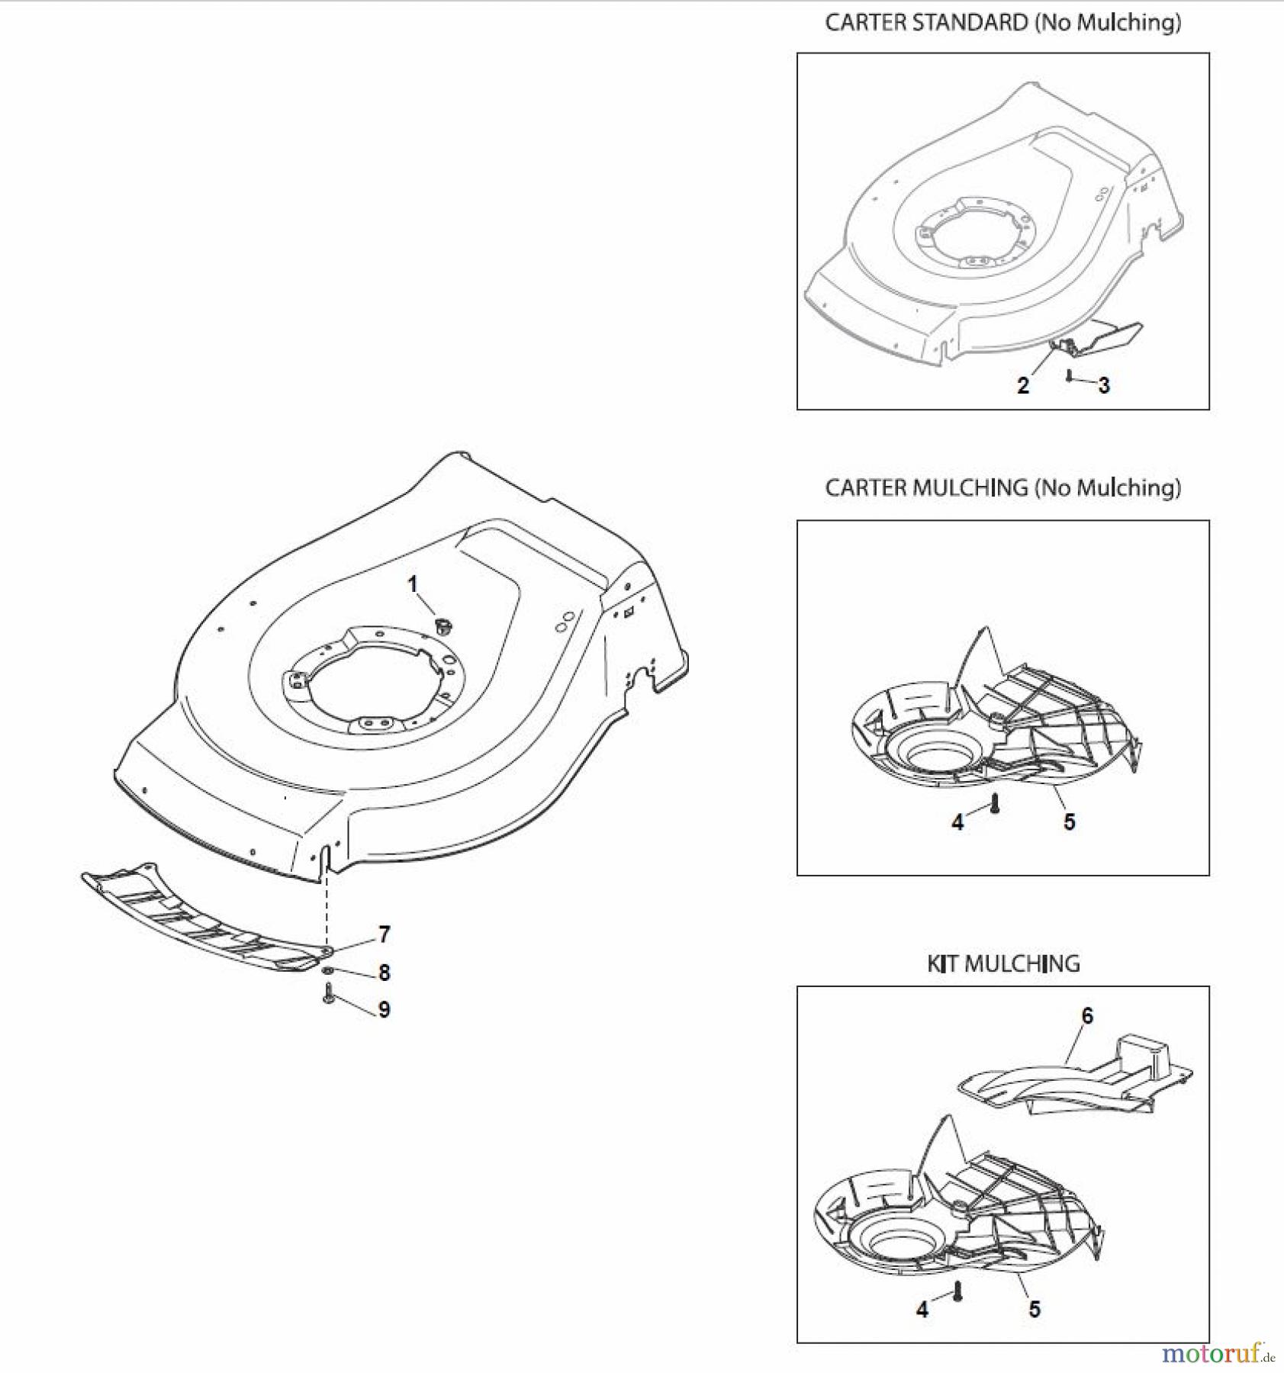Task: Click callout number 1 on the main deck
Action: pos(413,585)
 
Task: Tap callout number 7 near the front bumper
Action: pos(385,934)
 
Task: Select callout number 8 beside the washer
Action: pos(385,972)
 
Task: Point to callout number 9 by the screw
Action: pos(385,1009)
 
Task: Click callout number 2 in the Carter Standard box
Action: pos(1023,385)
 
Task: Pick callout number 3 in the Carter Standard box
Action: pos(1104,385)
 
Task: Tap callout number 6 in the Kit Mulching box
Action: pos(1087,1015)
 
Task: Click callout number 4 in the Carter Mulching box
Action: pos(957,822)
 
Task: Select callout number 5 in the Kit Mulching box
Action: pos(1035,1309)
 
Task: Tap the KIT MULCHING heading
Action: pos(1003,963)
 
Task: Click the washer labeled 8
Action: pos(327,969)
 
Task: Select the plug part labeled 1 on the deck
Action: pos(442,626)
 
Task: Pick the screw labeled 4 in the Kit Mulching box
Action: pos(958,1291)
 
